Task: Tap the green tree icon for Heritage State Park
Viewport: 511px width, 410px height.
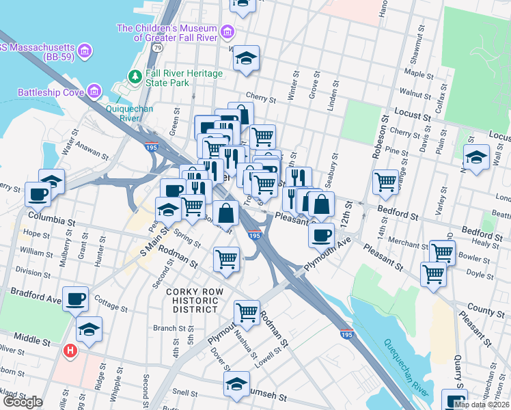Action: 136,75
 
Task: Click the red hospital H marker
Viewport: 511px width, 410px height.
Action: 69,351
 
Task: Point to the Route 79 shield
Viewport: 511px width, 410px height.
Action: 158,49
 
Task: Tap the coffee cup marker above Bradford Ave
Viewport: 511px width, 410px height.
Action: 75,298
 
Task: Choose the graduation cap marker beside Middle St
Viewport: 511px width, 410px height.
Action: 89,329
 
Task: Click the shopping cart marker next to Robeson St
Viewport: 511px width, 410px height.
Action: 385,181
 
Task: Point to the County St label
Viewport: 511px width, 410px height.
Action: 486,311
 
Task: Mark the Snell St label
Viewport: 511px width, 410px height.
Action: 185,392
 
